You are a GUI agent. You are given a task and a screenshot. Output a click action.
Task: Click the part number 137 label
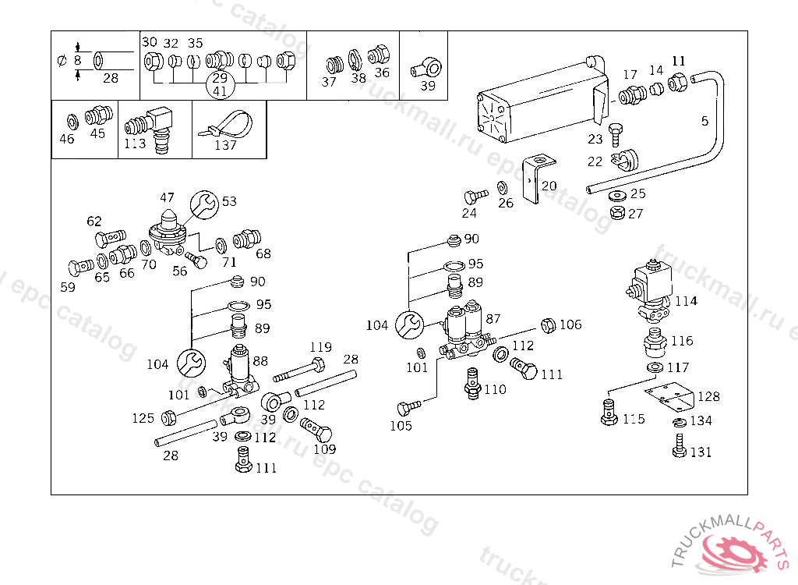(x=226, y=145)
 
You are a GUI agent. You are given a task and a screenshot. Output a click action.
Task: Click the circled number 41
(x=220, y=90)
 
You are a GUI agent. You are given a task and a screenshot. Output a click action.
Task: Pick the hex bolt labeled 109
(x=316, y=430)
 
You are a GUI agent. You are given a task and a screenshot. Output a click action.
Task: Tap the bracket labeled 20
(x=538, y=178)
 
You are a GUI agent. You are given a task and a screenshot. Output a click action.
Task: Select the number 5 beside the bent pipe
(x=704, y=121)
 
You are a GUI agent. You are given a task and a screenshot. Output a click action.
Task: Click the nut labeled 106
(x=547, y=324)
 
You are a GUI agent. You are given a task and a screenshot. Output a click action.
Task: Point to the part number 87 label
(x=493, y=318)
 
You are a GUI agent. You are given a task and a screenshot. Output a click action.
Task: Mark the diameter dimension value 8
(x=77, y=60)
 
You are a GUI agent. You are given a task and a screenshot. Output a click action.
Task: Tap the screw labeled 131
(x=677, y=448)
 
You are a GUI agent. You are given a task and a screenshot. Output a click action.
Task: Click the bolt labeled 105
(x=408, y=408)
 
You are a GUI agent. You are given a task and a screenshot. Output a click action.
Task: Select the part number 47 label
(x=167, y=197)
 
